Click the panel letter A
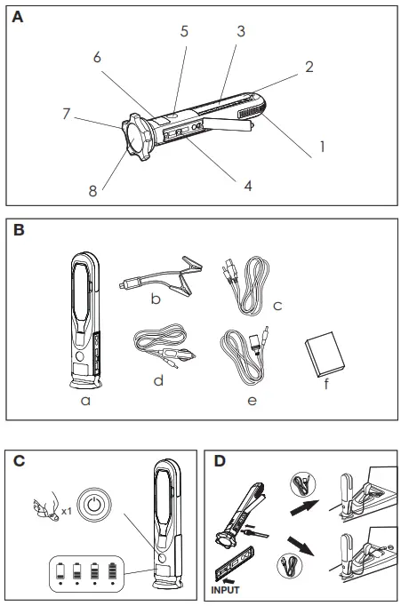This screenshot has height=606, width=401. coord(18,17)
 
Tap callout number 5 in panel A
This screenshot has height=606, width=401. coord(184,31)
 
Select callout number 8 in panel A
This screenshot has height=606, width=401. coord(92,191)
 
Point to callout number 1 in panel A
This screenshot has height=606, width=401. coord(322,147)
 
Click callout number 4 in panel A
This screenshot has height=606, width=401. coord(248,186)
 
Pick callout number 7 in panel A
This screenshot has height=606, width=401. coord(67,114)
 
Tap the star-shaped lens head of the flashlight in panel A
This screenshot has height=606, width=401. coord(136,137)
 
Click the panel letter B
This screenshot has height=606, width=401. coord(19,229)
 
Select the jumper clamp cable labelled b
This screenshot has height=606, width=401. coord(161,275)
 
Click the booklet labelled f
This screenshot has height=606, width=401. coord(325,354)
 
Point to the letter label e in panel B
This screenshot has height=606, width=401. coord(252,401)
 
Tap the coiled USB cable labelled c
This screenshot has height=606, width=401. coord(246,285)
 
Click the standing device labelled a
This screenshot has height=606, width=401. coord(85,321)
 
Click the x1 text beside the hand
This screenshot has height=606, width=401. coord(67,511)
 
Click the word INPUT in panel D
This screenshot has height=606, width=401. coord(225,590)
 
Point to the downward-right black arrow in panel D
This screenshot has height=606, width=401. coord(301,546)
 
